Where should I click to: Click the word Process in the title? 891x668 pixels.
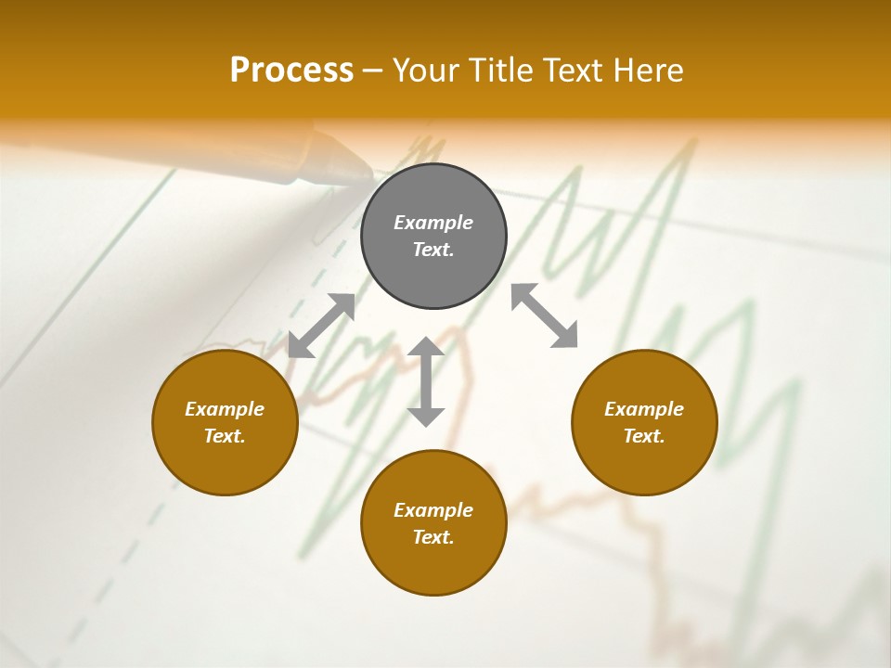coord(291,71)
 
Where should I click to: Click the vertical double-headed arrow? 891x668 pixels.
coord(426,381)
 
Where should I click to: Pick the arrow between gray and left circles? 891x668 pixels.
coord(321,326)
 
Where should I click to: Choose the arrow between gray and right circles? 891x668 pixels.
coord(545,315)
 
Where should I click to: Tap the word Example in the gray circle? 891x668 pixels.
coord(433,223)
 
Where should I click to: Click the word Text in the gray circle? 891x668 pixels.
coord(433,250)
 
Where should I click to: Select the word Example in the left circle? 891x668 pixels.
coord(225,409)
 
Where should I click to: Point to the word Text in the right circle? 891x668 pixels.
coord(644,436)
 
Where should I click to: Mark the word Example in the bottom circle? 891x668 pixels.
coord(433,510)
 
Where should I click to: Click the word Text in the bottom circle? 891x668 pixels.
coord(433,537)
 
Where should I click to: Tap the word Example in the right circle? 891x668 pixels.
coord(644,409)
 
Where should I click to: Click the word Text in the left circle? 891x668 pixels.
coord(225,436)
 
